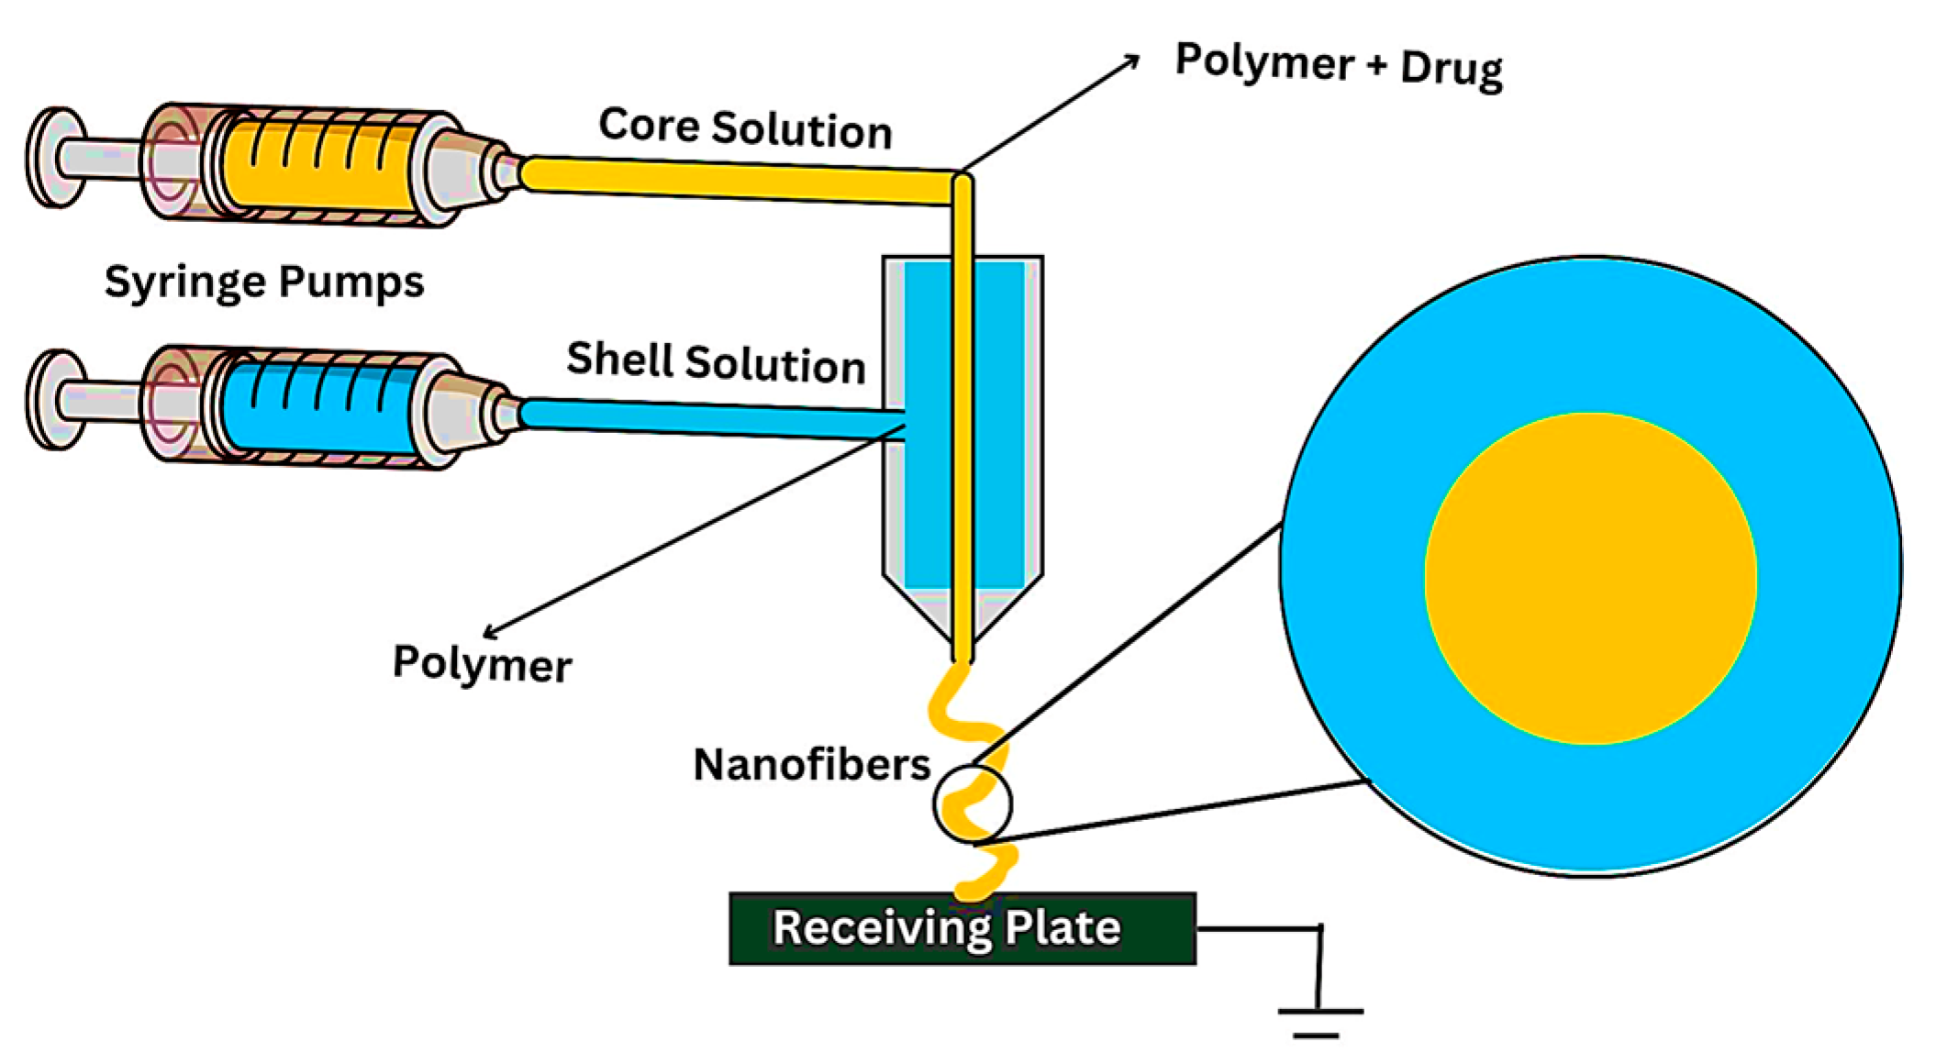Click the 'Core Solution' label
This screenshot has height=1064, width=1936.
[745, 127]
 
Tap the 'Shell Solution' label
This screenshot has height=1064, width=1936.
[716, 361]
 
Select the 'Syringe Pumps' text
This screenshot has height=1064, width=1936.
[264, 281]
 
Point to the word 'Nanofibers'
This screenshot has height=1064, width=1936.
[811, 764]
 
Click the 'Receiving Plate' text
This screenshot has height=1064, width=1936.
[946, 927]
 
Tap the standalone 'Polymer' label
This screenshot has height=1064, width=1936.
[482, 662]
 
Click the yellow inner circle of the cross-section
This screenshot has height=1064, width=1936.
[1590, 578]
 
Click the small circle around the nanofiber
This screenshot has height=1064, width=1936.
[973, 804]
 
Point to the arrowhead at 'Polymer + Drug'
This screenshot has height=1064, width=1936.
[1133, 60]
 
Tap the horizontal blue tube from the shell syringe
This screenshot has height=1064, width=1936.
[707, 419]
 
